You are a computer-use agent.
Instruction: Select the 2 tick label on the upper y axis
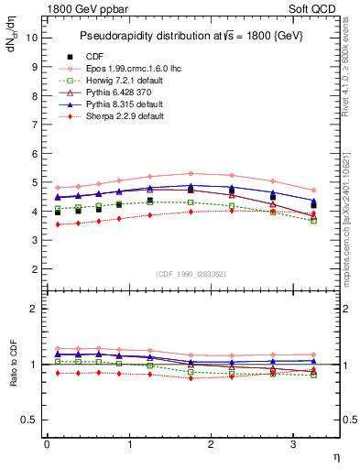pyautogui.click(x=37, y=269)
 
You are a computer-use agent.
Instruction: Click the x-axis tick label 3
pyautogui.click(x=292, y=444)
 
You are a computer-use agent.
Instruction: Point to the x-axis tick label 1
pyautogui.click(x=129, y=444)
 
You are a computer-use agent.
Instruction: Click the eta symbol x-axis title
pyautogui.click(x=335, y=455)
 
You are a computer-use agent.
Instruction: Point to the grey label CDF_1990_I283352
pyautogui.click(x=191, y=274)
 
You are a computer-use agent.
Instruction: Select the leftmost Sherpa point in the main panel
pyautogui.click(x=57, y=224)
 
